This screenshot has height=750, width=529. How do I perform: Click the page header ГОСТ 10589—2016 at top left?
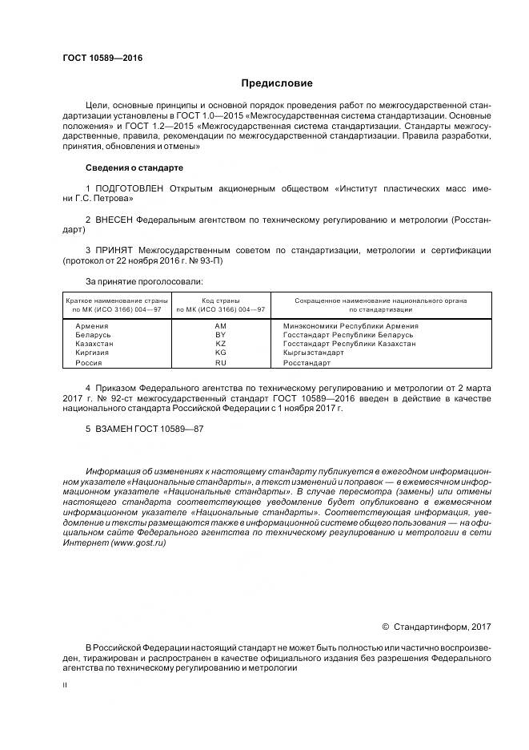(97, 58)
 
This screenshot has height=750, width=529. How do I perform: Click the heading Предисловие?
(277, 83)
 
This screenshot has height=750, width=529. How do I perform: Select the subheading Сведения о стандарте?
(134, 168)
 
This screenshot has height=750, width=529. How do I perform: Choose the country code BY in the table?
(221, 335)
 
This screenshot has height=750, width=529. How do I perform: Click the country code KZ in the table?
(221, 344)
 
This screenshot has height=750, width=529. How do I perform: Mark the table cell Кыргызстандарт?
(313, 353)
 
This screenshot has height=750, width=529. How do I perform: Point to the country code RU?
(221, 362)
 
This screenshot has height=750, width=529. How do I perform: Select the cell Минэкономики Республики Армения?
(351, 326)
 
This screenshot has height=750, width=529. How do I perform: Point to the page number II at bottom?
(66, 686)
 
